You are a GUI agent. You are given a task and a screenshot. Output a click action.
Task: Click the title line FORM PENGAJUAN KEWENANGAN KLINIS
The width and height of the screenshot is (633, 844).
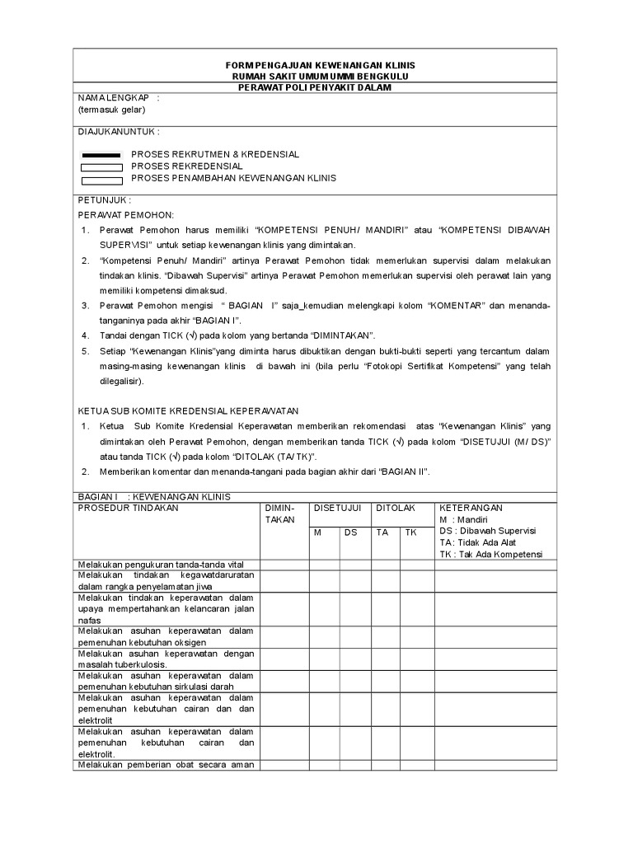[x=321, y=65]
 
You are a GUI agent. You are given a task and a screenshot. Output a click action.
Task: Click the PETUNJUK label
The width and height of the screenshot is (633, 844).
[x=104, y=200]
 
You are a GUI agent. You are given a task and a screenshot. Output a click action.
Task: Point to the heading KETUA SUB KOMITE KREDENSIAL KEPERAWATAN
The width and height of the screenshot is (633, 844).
[x=188, y=410]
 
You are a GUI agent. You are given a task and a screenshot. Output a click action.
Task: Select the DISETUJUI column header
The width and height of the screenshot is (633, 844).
[x=338, y=509]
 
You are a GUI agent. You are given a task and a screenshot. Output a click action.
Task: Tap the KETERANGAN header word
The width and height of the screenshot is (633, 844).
[x=471, y=509]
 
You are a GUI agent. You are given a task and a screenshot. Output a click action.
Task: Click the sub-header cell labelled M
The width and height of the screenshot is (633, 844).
[x=317, y=532]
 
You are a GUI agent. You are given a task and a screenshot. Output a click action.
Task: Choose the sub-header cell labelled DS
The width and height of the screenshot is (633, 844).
[x=351, y=532]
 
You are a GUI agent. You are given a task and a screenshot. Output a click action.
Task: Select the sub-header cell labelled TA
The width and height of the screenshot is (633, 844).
[x=382, y=532]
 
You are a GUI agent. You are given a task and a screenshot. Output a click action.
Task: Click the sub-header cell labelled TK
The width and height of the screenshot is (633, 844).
[x=410, y=532]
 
